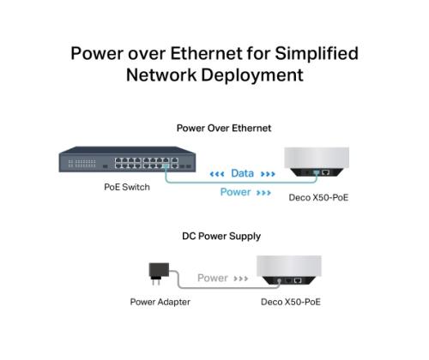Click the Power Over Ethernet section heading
click(x=224, y=128)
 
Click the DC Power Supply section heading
click(x=221, y=236)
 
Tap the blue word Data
click(x=242, y=174)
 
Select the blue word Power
click(x=235, y=192)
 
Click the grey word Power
click(x=213, y=278)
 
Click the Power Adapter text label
click(x=160, y=302)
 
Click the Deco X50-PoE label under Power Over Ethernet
click(x=319, y=197)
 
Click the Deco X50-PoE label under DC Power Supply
click(x=291, y=302)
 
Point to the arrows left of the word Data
click(x=217, y=174)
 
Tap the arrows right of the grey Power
click(x=241, y=279)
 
